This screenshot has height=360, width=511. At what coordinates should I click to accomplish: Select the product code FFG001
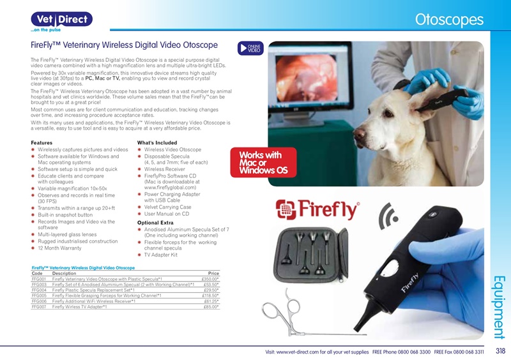tap(39, 279)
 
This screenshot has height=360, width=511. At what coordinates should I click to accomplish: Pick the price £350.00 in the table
tap(210, 279)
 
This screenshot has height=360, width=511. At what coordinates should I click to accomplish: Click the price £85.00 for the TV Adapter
tap(211, 307)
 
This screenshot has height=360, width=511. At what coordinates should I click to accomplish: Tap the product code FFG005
tap(39, 296)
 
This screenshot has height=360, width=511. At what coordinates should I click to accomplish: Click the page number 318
tap(500, 351)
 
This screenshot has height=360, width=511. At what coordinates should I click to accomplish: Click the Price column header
tap(213, 273)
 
